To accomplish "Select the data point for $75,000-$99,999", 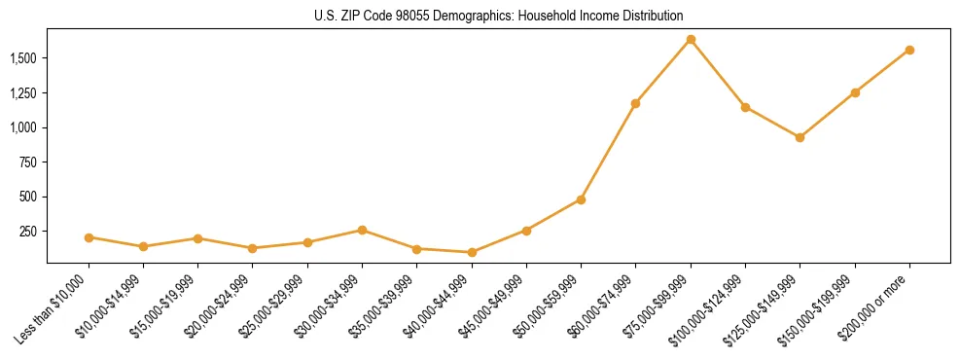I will click(691, 39).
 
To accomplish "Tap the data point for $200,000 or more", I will click(909, 50).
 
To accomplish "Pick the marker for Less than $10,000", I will click(89, 237).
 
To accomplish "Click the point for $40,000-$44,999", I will click(472, 252).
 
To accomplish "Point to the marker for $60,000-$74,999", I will click(635, 103).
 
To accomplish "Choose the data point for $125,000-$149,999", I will click(800, 137).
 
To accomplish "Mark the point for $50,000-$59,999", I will click(581, 199).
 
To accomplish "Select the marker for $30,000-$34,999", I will click(362, 230).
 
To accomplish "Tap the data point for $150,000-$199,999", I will click(855, 92).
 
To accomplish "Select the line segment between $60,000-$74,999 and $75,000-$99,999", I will click(663, 71).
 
